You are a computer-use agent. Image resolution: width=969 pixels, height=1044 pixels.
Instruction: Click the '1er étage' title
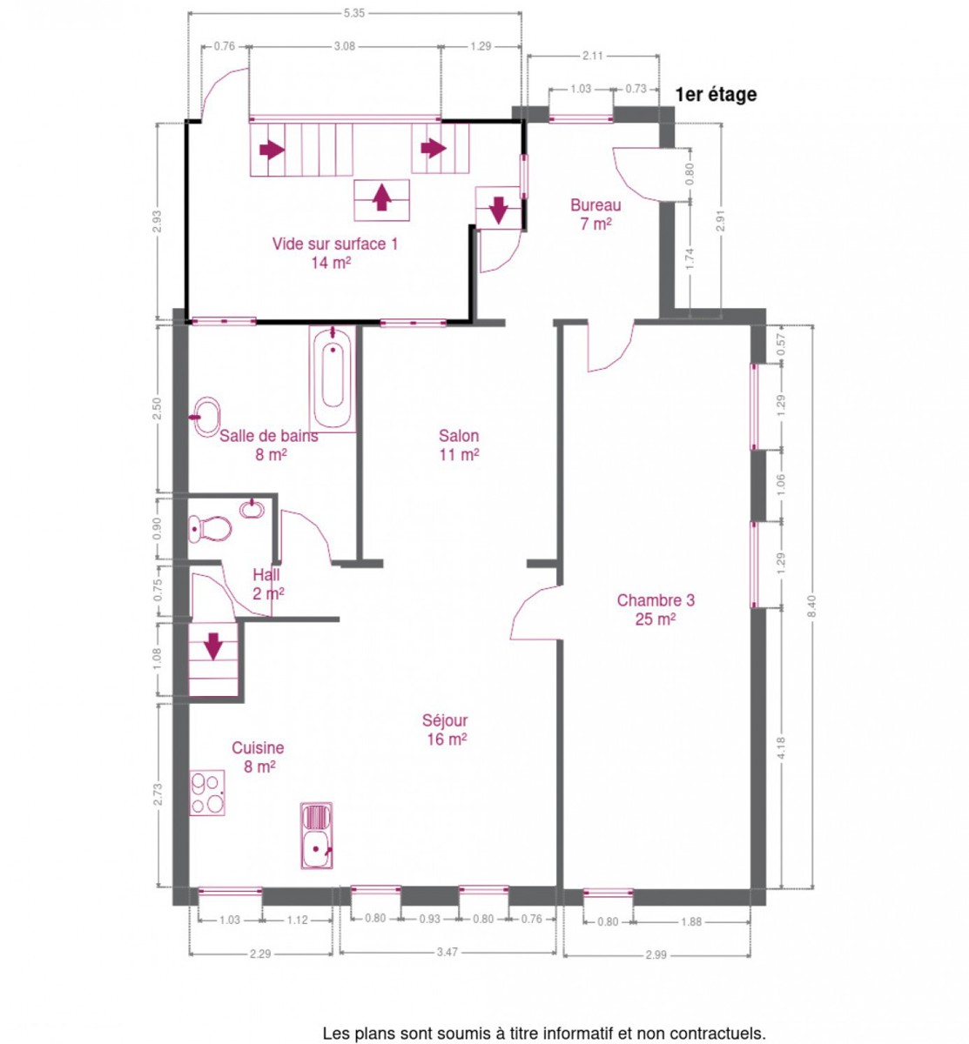tap(716, 95)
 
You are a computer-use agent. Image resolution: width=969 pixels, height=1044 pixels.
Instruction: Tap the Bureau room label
tap(596, 214)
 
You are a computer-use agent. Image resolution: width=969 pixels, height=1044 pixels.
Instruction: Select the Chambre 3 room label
tap(656, 609)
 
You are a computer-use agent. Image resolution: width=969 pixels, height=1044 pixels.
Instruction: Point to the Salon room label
tap(459, 445)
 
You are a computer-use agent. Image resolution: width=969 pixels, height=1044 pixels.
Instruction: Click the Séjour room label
tap(445, 729)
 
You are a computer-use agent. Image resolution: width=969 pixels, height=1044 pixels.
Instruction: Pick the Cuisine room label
tap(258, 757)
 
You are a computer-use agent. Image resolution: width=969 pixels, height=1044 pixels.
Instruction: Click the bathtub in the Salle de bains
tap(333, 379)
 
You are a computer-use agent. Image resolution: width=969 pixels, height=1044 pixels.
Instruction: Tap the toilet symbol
tap(211, 529)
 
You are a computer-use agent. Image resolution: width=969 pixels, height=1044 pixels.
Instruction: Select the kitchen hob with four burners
tap(207, 793)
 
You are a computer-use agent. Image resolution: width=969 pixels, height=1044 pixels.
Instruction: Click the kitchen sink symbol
tap(316, 835)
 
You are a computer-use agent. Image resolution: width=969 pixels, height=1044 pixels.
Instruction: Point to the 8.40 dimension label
tap(812, 607)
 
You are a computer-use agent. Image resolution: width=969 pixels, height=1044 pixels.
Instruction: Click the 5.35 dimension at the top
tap(354, 13)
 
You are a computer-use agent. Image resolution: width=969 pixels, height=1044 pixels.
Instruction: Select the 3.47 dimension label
tap(447, 952)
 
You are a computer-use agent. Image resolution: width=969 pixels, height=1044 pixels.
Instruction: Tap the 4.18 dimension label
tap(781, 748)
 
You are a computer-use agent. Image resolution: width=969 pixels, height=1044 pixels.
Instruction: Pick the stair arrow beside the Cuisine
tap(213, 646)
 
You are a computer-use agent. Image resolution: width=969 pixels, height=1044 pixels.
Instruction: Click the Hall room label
tap(267, 584)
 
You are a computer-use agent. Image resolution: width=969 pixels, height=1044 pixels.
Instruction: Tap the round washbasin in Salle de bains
tap(206, 417)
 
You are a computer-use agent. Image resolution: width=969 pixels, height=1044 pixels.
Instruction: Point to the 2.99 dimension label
tap(656, 954)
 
